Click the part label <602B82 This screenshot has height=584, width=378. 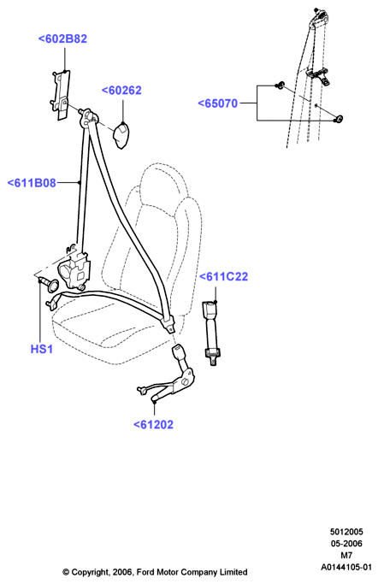pyautogui.click(x=62, y=38)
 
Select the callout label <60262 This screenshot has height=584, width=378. pyautogui.click(x=121, y=91)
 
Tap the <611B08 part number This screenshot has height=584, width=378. pyautogui.click(x=32, y=183)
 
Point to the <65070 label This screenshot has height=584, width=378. pyautogui.click(x=217, y=103)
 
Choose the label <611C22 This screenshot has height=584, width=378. pyautogui.click(x=223, y=277)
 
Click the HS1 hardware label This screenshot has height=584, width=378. pyautogui.click(x=41, y=349)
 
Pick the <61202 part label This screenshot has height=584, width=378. pyautogui.click(x=153, y=425)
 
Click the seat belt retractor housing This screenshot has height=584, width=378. pyautogui.click(x=74, y=270)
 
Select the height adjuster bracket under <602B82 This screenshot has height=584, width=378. pyautogui.click(x=60, y=95)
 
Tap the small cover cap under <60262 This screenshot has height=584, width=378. pyautogui.click(x=121, y=135)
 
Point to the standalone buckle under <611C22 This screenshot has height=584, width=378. pyautogui.click(x=211, y=333)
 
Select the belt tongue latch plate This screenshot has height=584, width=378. pyautogui.click(x=168, y=324)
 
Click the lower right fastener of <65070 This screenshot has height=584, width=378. pyautogui.click(x=339, y=119)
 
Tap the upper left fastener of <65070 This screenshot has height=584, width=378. pyautogui.click(x=280, y=86)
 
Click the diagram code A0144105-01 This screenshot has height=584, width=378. pyautogui.click(x=346, y=567)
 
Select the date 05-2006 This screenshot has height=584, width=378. pyautogui.click(x=346, y=544)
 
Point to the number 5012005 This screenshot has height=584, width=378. pyautogui.click(x=346, y=532)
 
